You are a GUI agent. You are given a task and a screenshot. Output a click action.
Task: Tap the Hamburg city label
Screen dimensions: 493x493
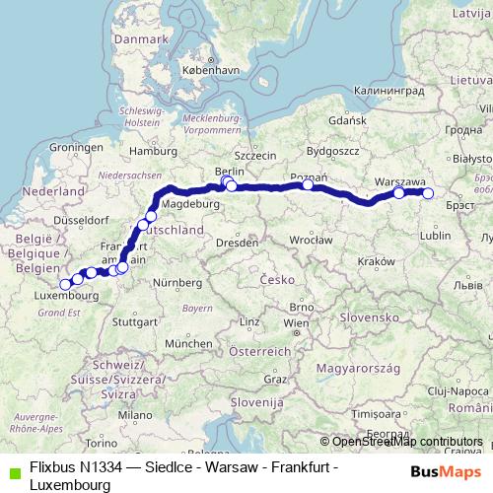click(152, 152)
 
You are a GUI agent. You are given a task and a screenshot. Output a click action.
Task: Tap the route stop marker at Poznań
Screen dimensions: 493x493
click(308, 184)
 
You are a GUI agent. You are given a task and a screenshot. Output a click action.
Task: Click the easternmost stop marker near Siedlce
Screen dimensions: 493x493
click(428, 193)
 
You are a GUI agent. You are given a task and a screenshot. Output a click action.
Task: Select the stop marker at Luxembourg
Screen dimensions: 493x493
click(65, 285)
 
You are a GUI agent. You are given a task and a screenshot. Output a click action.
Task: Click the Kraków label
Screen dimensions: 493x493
click(378, 260)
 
